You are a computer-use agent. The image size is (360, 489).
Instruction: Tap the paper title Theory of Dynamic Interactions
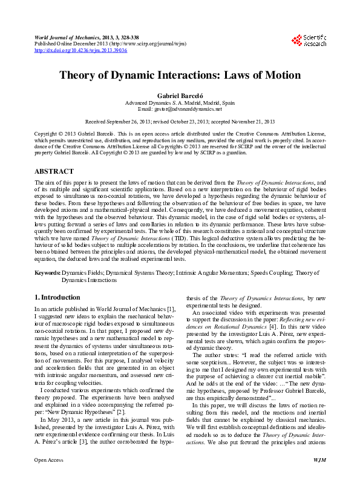[x=179, y=76]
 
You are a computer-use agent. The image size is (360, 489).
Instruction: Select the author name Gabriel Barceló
[x=179, y=96]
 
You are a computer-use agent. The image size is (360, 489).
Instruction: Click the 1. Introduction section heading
[x=57, y=298]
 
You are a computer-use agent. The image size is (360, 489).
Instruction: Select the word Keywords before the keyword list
[x=47, y=273]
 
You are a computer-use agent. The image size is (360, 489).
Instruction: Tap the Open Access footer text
[x=48, y=477]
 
